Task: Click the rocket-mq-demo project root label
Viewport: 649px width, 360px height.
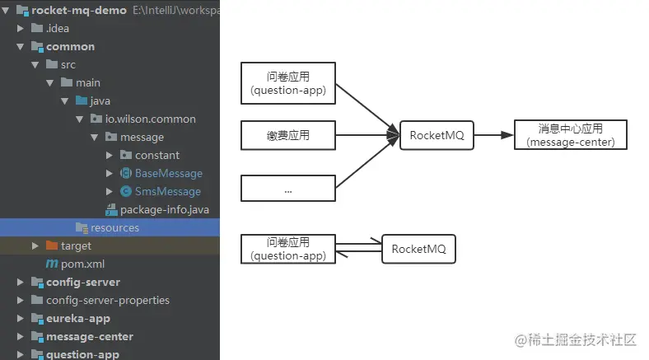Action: (x=78, y=11)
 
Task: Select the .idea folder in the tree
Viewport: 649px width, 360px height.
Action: (x=57, y=29)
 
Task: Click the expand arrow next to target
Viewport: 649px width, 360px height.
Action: (x=35, y=246)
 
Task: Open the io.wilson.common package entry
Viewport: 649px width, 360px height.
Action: (x=150, y=119)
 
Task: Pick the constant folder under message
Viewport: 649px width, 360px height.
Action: (x=156, y=156)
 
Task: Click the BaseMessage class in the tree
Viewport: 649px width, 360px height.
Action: (x=169, y=173)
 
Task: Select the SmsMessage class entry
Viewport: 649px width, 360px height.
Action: (x=168, y=192)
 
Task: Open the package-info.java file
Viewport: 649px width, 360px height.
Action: (x=165, y=210)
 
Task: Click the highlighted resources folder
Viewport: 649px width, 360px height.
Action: (x=114, y=228)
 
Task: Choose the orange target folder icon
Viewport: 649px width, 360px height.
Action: (x=52, y=245)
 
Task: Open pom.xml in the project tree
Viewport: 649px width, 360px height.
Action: (x=82, y=264)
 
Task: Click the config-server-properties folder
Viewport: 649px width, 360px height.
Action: (x=108, y=301)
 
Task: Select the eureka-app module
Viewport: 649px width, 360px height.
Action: (x=77, y=319)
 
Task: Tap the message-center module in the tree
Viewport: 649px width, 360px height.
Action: (x=90, y=337)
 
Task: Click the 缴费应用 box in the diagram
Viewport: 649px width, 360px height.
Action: (x=288, y=135)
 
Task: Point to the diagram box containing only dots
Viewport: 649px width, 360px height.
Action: (x=288, y=189)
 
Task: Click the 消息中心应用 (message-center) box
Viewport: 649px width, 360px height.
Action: (x=571, y=135)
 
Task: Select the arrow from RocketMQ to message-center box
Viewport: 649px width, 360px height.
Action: (x=494, y=135)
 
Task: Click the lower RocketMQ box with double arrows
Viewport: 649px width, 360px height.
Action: (x=418, y=249)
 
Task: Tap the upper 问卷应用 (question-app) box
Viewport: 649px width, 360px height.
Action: (x=288, y=83)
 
